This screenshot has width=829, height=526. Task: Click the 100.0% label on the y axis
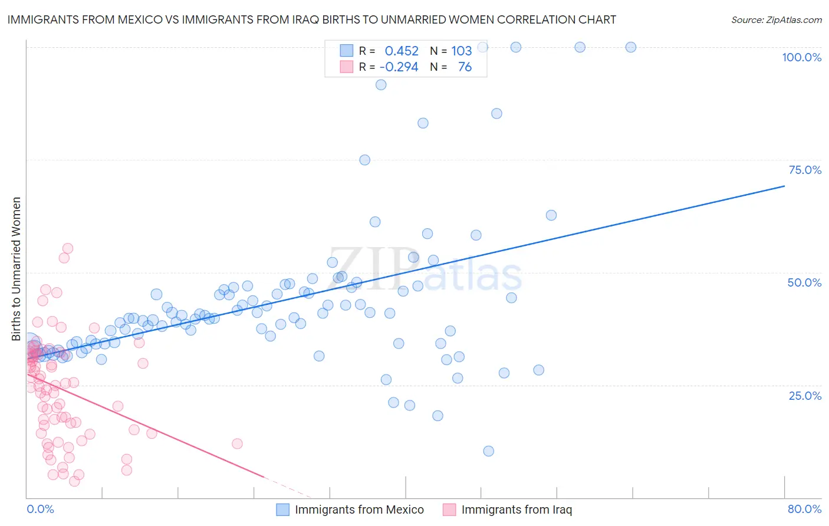(801, 57)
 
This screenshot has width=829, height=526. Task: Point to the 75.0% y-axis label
(805, 170)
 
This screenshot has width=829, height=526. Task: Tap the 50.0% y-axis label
(804, 282)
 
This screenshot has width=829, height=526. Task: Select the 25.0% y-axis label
(805, 396)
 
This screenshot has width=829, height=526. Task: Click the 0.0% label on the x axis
(40, 509)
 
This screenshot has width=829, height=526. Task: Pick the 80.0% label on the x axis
(804, 509)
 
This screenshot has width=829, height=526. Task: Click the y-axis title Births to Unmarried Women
(16, 269)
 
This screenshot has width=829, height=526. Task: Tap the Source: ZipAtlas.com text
(776, 19)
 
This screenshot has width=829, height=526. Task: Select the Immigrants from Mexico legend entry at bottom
(359, 509)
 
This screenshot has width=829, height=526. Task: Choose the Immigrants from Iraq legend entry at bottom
(517, 509)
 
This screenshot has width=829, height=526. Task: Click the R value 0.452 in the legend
(402, 51)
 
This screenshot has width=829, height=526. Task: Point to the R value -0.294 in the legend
(399, 67)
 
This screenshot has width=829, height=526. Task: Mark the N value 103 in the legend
(462, 51)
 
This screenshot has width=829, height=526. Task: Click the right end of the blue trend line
(784, 186)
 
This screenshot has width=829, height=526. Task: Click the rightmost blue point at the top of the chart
(631, 47)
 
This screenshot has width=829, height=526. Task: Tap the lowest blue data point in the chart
(488, 451)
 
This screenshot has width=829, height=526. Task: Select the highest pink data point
(68, 248)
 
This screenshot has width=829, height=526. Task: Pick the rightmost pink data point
(237, 443)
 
